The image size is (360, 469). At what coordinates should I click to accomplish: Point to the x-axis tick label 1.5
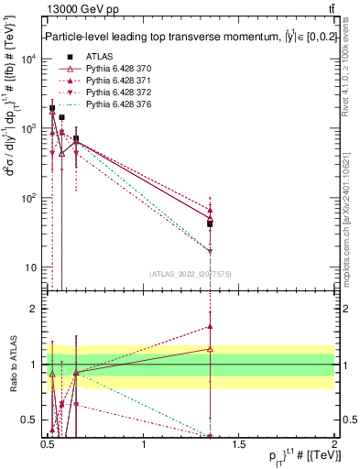pos(239,445)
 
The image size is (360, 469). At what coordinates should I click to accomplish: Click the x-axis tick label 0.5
pos(48,445)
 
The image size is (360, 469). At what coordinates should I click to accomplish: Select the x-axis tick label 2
pos(334,445)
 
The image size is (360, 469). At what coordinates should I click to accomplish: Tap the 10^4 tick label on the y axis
pos(29,59)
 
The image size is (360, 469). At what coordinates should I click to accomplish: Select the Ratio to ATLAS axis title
pos(13,365)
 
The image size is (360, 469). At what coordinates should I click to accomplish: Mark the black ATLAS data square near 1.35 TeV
pos(210,224)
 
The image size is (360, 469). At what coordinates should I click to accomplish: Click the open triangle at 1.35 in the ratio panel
pos(210,349)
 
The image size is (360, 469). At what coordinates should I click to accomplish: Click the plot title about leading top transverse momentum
pos(183,38)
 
